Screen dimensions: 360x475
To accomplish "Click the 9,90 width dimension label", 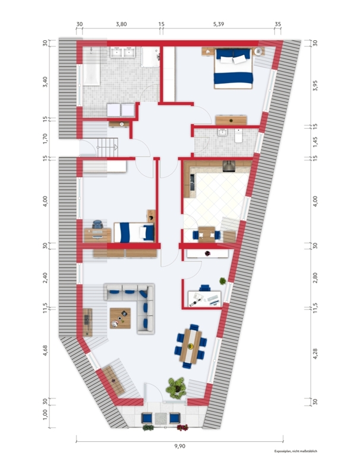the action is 179,446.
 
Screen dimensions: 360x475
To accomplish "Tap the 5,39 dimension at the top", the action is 218,24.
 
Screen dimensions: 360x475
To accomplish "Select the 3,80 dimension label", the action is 121,24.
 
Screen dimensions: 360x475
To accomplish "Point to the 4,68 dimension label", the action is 45,350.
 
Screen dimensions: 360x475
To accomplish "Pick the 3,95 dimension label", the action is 315,85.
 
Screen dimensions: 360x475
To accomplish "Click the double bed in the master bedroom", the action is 233,69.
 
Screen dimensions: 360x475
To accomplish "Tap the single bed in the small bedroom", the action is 134,232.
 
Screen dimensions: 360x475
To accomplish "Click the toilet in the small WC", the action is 238,136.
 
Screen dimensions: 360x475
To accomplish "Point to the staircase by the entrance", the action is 108,147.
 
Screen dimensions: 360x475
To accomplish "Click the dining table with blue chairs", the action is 191,346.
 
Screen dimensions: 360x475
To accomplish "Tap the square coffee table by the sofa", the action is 121,318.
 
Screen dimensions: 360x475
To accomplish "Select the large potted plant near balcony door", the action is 176,388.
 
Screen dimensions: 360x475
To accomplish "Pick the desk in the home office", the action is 204,299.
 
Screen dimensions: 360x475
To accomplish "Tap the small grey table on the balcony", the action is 160,419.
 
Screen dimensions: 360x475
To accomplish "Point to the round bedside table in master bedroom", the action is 258,52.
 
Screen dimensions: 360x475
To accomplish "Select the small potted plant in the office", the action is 223,281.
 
